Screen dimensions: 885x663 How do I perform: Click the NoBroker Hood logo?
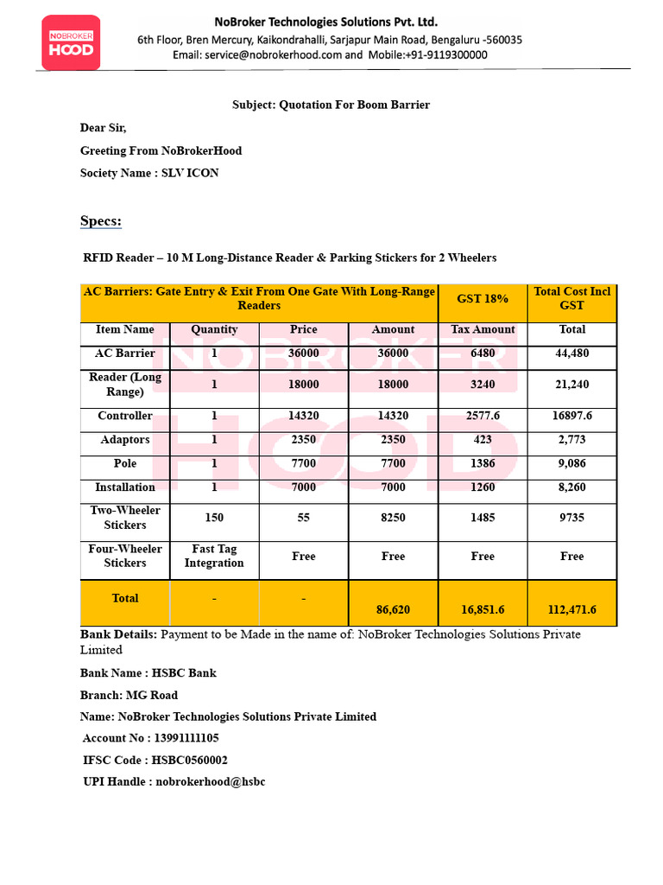tap(71, 41)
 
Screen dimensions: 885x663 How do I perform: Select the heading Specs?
tap(101, 221)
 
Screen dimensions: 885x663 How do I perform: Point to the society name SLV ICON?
tap(189, 173)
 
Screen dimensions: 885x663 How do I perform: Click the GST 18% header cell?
tap(483, 298)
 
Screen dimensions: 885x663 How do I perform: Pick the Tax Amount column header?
tap(483, 329)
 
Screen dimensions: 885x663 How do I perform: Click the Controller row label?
tap(125, 416)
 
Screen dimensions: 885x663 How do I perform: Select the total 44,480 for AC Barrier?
tap(571, 353)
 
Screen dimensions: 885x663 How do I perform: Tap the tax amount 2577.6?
tap(483, 416)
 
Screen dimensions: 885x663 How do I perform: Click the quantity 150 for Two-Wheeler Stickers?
tap(214, 518)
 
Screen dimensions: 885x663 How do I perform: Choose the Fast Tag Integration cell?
tap(214, 556)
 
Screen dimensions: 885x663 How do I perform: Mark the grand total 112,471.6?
tap(571, 609)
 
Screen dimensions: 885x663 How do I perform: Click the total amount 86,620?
tap(393, 609)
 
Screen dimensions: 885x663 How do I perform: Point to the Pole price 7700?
tap(303, 463)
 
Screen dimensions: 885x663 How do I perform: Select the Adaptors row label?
tap(125, 440)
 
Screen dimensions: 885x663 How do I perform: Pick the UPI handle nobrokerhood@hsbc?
tap(211, 781)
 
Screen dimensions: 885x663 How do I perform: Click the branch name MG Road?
tap(152, 695)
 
